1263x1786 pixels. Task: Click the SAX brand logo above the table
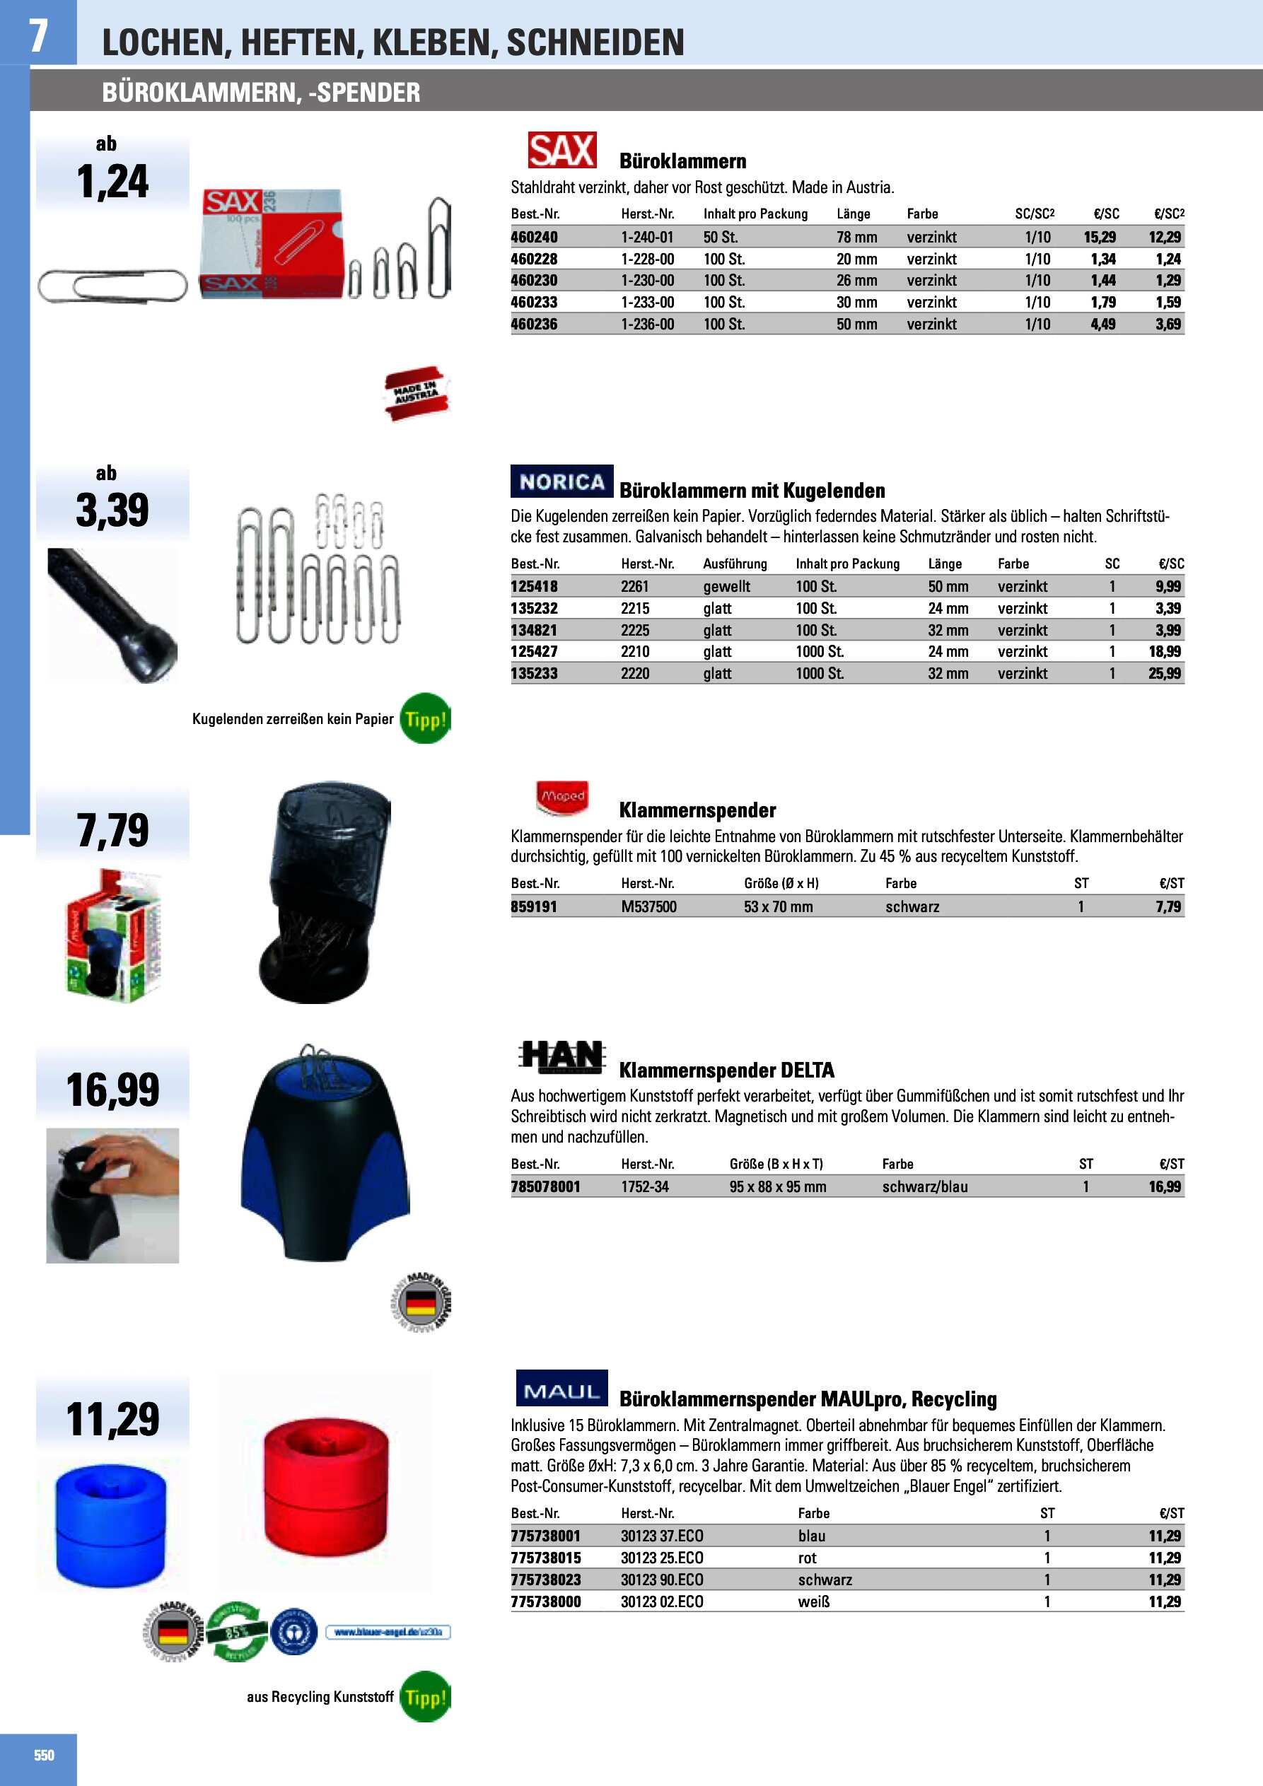[562, 150]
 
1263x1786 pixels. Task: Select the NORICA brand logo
[562, 481]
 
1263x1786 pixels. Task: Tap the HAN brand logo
[562, 1057]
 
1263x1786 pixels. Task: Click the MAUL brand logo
[562, 1390]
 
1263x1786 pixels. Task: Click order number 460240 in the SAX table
[534, 238]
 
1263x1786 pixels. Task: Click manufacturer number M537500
[648, 907]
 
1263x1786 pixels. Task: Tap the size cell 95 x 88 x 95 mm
[777, 1187]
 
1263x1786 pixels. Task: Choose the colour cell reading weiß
[813, 1601]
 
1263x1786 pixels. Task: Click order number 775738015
[545, 1558]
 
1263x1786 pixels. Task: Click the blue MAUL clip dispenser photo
[110, 1524]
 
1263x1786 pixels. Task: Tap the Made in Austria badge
[417, 394]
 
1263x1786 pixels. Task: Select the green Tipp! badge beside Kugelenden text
[425, 719]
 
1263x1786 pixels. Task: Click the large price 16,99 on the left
[113, 1090]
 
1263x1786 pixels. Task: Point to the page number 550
[45, 1755]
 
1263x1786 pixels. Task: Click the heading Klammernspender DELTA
[726, 1070]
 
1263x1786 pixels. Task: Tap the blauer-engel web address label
[388, 1632]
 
